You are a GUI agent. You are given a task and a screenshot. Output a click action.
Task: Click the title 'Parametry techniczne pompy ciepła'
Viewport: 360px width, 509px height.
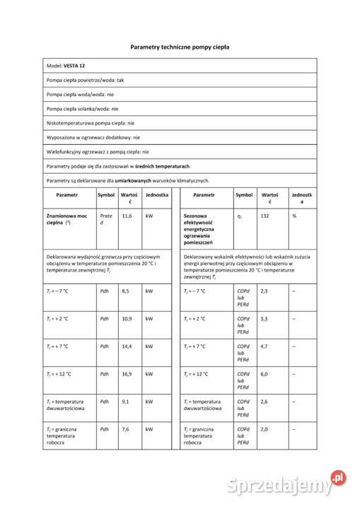180,47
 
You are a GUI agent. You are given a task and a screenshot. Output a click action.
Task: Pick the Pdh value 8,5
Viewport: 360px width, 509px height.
125,291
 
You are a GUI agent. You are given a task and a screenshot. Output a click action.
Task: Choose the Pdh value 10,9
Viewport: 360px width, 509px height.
127,319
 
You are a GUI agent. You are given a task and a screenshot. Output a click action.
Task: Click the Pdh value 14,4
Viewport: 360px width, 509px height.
127,346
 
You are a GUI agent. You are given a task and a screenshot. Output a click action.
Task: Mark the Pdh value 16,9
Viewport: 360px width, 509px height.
127,374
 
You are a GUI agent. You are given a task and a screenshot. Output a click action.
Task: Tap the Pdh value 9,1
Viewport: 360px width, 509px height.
125,402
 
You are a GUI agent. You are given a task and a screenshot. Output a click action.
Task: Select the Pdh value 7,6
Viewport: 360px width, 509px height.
125,429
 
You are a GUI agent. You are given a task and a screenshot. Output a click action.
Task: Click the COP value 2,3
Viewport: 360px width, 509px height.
264,291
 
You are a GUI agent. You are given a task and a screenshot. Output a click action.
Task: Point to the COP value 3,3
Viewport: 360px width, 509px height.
264,319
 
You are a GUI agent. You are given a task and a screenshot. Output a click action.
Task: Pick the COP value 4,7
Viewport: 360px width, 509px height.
264,346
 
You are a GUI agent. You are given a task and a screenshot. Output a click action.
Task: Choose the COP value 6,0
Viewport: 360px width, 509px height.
264,374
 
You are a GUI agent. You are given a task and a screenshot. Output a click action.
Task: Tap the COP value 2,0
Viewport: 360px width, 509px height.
264,429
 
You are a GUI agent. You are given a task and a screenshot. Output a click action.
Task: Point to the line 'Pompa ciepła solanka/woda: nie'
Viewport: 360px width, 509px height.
82,109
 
